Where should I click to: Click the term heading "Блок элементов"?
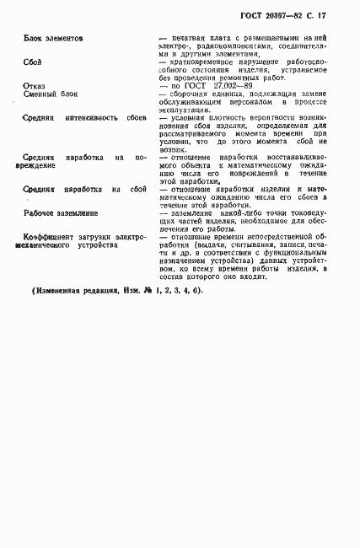pyautogui.click(x=54, y=39)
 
